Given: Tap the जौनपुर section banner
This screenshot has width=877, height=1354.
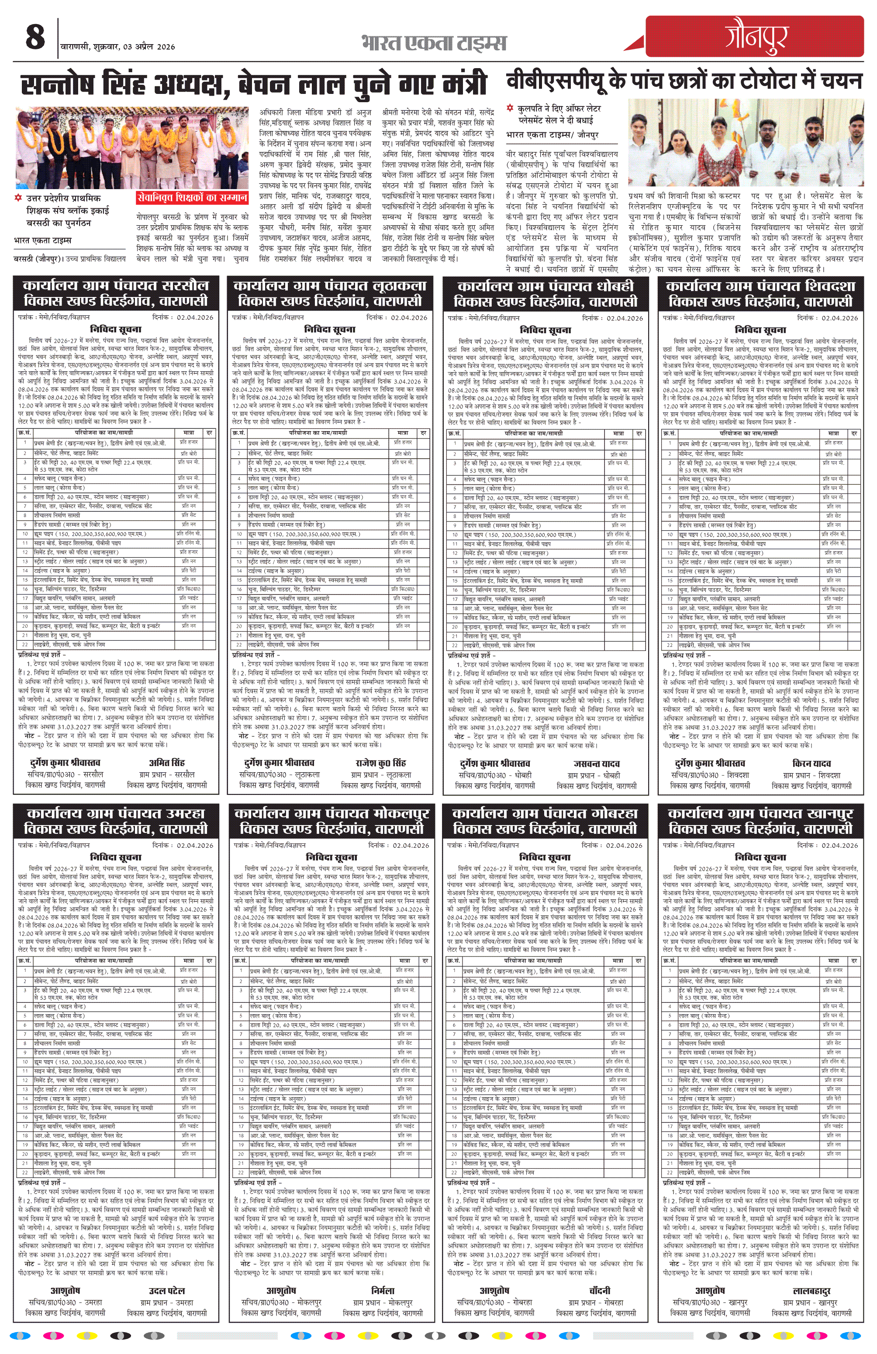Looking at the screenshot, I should tap(755, 36).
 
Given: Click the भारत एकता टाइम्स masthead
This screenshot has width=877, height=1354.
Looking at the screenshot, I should tap(433, 43).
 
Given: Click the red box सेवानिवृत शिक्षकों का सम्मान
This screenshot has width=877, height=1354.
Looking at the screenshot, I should tap(192, 197).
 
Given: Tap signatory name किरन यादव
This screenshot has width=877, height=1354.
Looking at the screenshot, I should tap(811, 763).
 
